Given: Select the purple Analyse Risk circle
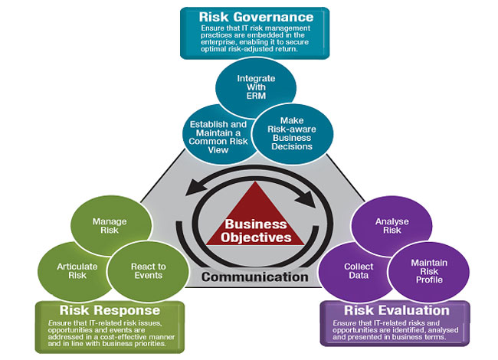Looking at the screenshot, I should point(385,227).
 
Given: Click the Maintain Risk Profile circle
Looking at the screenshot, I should point(424,270).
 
